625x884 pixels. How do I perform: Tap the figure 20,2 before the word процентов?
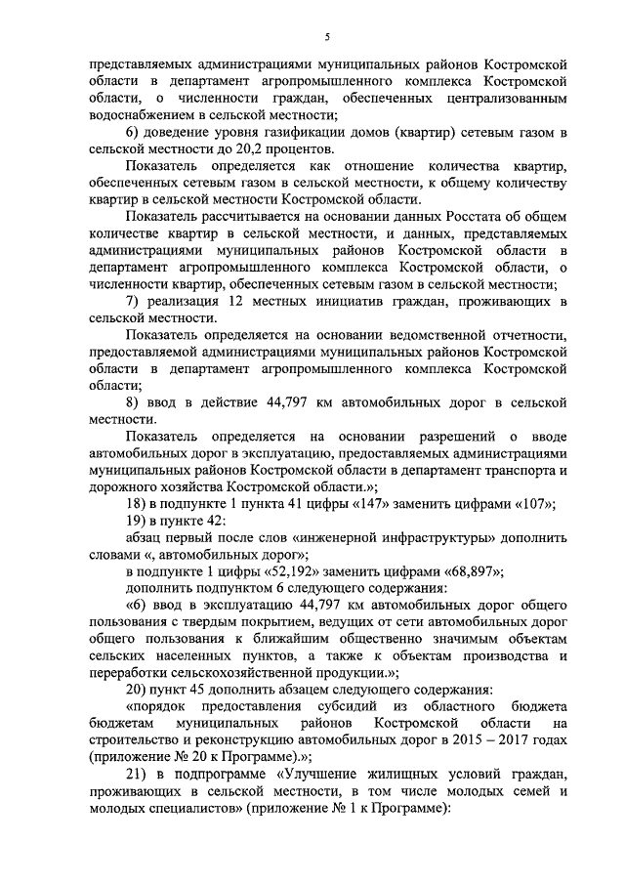[x=257, y=149]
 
